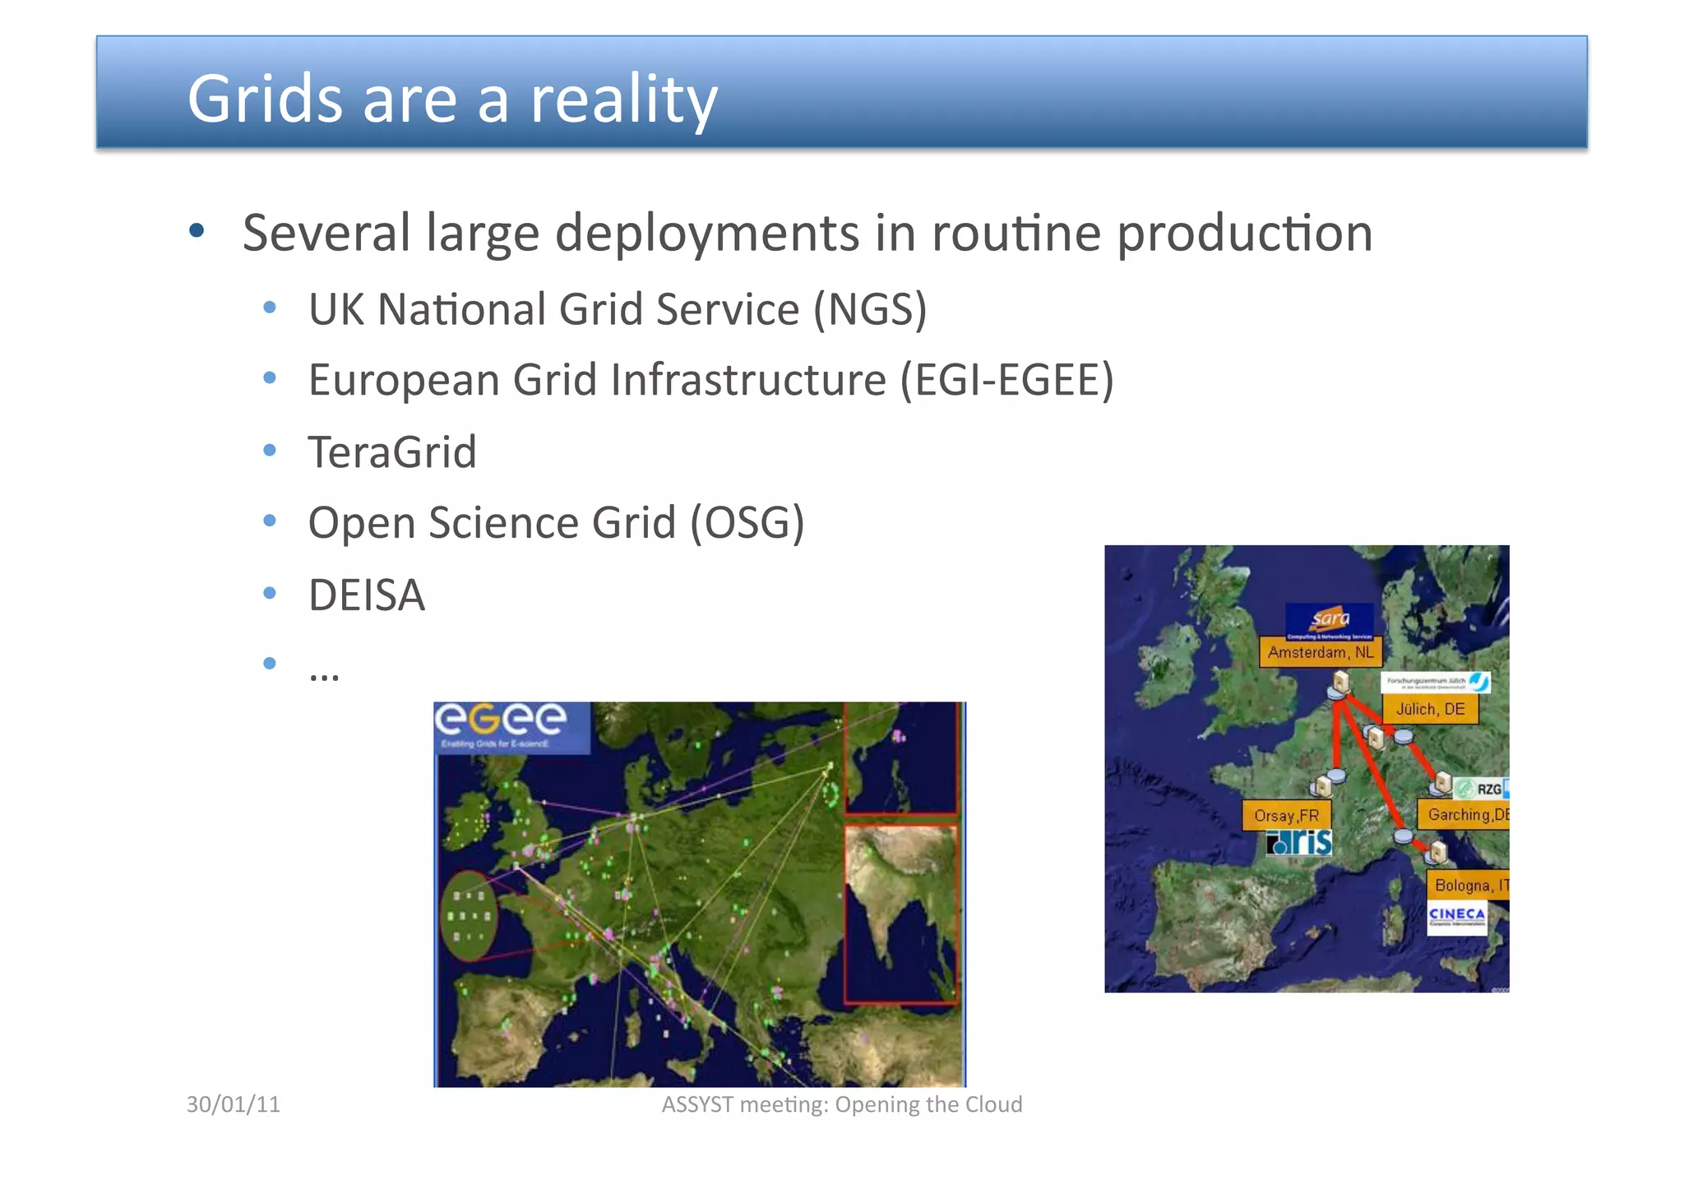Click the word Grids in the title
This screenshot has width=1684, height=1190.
click(x=264, y=99)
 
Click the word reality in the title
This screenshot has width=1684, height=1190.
click(x=623, y=100)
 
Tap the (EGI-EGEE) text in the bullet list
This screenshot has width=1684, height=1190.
click(x=1006, y=381)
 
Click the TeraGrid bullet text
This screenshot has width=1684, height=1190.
click(x=392, y=452)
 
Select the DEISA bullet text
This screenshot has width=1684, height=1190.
click(x=367, y=595)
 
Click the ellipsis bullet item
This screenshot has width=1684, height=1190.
click(x=324, y=673)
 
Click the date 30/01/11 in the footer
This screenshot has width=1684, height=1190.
click(x=234, y=1104)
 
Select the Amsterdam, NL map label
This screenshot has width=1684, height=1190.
click(x=1320, y=652)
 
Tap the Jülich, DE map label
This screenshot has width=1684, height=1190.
click(x=1430, y=709)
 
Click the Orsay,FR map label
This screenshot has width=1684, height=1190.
click(x=1286, y=815)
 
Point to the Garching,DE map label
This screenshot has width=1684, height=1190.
click(x=1466, y=814)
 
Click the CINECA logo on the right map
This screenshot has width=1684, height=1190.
click(x=1456, y=916)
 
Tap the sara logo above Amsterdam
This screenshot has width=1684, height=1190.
click(x=1330, y=619)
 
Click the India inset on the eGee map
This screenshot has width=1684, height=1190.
click(x=900, y=913)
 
